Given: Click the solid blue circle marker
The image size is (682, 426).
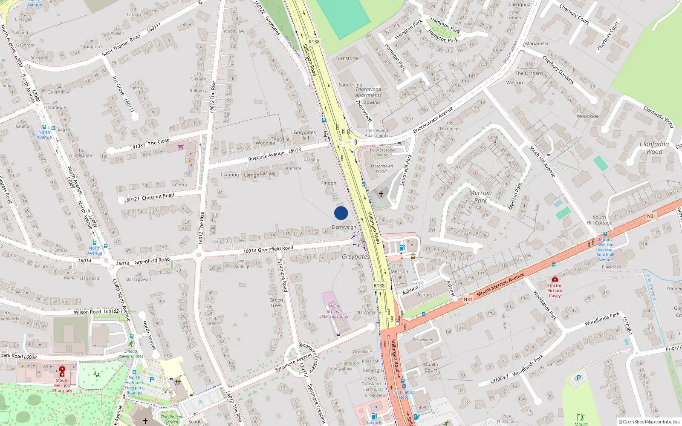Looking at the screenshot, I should (341, 213).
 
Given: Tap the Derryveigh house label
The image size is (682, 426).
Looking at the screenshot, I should (344, 227).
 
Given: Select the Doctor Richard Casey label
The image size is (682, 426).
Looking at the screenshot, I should (555, 291).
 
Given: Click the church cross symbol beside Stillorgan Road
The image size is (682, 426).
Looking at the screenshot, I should (381, 194).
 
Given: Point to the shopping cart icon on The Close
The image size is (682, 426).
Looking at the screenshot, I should (181, 147).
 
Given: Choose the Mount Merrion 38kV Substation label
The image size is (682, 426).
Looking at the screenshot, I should (335, 311).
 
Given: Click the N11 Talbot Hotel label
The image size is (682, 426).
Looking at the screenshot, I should (404, 394).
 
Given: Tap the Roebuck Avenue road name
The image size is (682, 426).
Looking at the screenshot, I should (266, 155).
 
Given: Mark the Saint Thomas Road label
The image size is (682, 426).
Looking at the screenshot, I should (121, 45).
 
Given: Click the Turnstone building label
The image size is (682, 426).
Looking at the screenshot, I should (347, 58).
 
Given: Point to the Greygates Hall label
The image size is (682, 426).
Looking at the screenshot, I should (305, 135).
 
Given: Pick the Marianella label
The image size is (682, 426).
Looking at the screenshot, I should (537, 43).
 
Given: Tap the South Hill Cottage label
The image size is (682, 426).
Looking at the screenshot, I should (599, 220).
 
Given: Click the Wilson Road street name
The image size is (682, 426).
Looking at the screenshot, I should (87, 312).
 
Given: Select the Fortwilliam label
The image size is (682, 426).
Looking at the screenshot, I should (422, 340).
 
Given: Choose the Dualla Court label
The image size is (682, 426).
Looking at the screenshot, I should (431, 367).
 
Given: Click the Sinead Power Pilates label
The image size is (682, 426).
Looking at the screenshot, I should (131, 354).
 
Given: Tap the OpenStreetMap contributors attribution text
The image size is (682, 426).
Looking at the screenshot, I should (650, 422).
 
